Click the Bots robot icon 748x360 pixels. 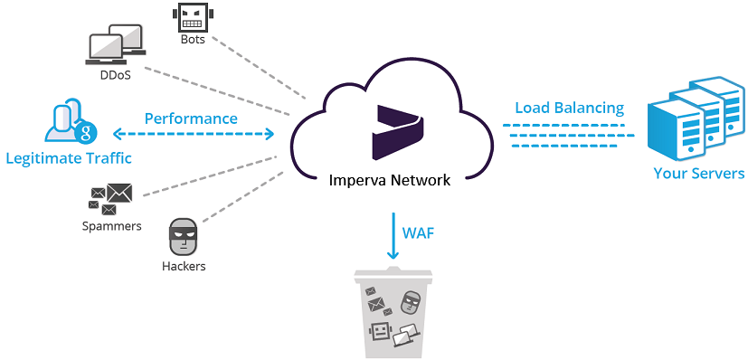pyautogui.click(x=190, y=16)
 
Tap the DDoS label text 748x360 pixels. pyautogui.click(x=116, y=75)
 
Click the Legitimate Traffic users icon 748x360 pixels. pyautogui.click(x=69, y=127)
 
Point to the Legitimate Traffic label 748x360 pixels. pyautogui.click(x=69, y=158)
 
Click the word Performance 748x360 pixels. pyautogui.click(x=191, y=118)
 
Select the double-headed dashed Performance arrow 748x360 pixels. pyautogui.click(x=209, y=135)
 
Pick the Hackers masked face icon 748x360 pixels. pyautogui.click(x=184, y=238)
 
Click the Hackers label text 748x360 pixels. pyautogui.click(x=184, y=266)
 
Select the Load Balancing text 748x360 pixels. pyautogui.click(x=569, y=108)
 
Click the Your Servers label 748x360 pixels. pyautogui.click(x=698, y=173)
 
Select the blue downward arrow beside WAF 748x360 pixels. pyautogui.click(x=393, y=237)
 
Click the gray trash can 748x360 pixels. pyautogui.click(x=393, y=312)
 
